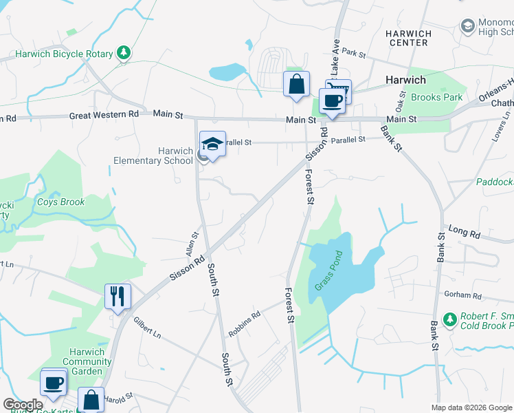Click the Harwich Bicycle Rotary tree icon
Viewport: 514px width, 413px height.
click(x=124, y=53)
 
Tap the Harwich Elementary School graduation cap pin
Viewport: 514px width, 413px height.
click(x=212, y=145)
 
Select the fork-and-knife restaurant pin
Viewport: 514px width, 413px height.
click(x=118, y=297)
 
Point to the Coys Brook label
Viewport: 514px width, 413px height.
click(x=60, y=202)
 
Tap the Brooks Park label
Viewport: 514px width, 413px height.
click(x=436, y=97)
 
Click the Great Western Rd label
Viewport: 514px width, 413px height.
click(x=104, y=115)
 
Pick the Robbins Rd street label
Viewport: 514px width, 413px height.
click(x=245, y=320)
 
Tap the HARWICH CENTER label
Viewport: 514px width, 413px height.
click(x=408, y=39)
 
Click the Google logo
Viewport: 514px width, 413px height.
click(x=23, y=405)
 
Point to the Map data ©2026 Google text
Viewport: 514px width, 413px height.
click(x=471, y=407)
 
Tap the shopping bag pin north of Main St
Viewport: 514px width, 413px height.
click(x=296, y=85)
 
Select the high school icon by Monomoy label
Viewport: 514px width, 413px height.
click(x=468, y=26)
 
